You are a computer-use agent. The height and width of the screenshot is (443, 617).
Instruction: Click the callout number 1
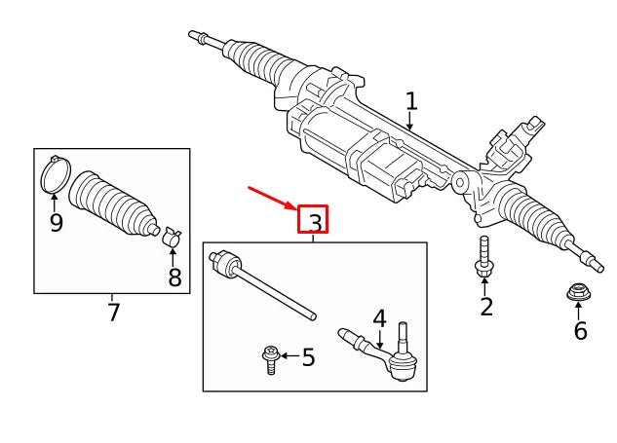(x=411, y=101)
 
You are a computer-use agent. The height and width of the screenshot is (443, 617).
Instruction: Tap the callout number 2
(x=485, y=308)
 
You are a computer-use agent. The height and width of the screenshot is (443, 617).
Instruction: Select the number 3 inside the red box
(x=314, y=223)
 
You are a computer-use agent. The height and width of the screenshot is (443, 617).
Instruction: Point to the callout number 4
(x=379, y=318)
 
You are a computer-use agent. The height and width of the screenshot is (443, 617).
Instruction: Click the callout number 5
(x=308, y=358)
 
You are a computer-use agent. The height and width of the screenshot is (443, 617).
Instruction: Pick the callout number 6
(x=580, y=331)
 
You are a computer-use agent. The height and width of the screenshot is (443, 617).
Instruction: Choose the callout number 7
(x=113, y=313)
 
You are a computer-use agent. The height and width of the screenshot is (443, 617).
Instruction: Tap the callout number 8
(x=174, y=277)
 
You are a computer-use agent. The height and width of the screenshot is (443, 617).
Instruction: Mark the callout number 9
(x=56, y=223)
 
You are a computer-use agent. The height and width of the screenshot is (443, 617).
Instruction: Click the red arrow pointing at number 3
(x=272, y=198)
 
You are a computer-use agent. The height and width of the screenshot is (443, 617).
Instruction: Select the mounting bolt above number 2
(x=484, y=256)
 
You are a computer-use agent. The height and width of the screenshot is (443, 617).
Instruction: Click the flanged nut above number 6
(x=578, y=291)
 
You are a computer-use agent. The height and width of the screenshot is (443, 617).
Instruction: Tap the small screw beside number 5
(x=271, y=359)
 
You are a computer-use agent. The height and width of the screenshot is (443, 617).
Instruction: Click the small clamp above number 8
(x=173, y=237)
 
